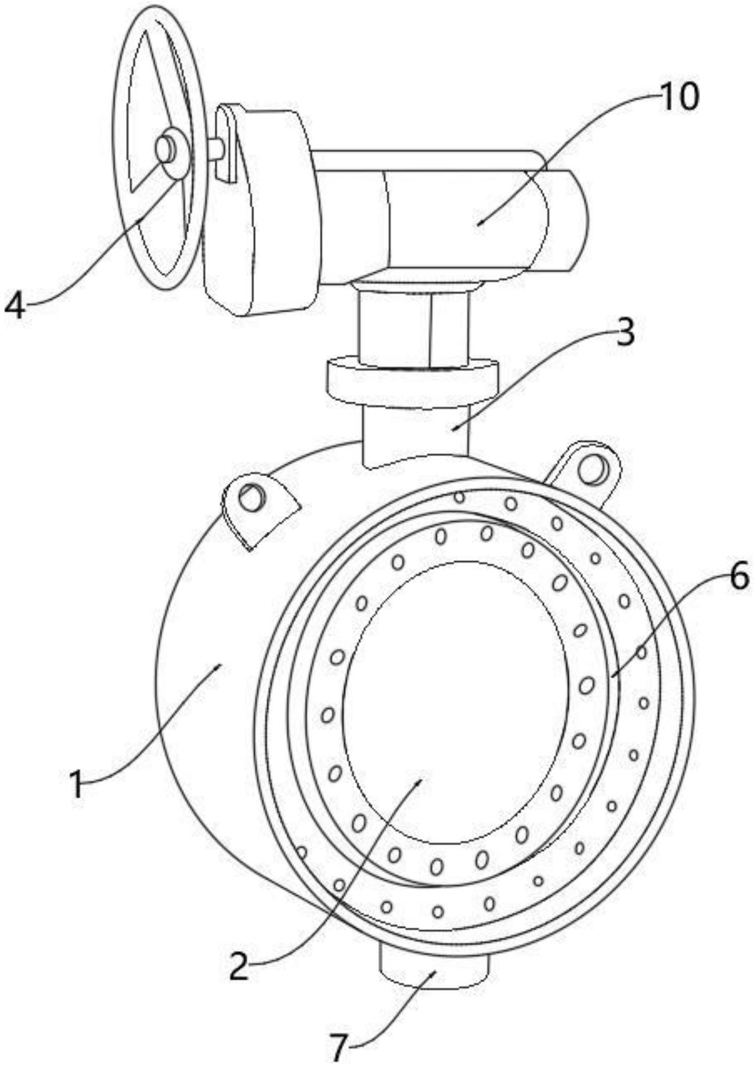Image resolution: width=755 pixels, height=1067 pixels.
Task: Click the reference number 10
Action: click(678, 98)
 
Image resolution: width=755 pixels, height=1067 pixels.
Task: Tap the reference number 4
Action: click(15, 305)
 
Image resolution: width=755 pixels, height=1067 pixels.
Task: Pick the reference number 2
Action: click(240, 967)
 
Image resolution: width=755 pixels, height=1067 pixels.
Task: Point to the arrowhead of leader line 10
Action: click(478, 224)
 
